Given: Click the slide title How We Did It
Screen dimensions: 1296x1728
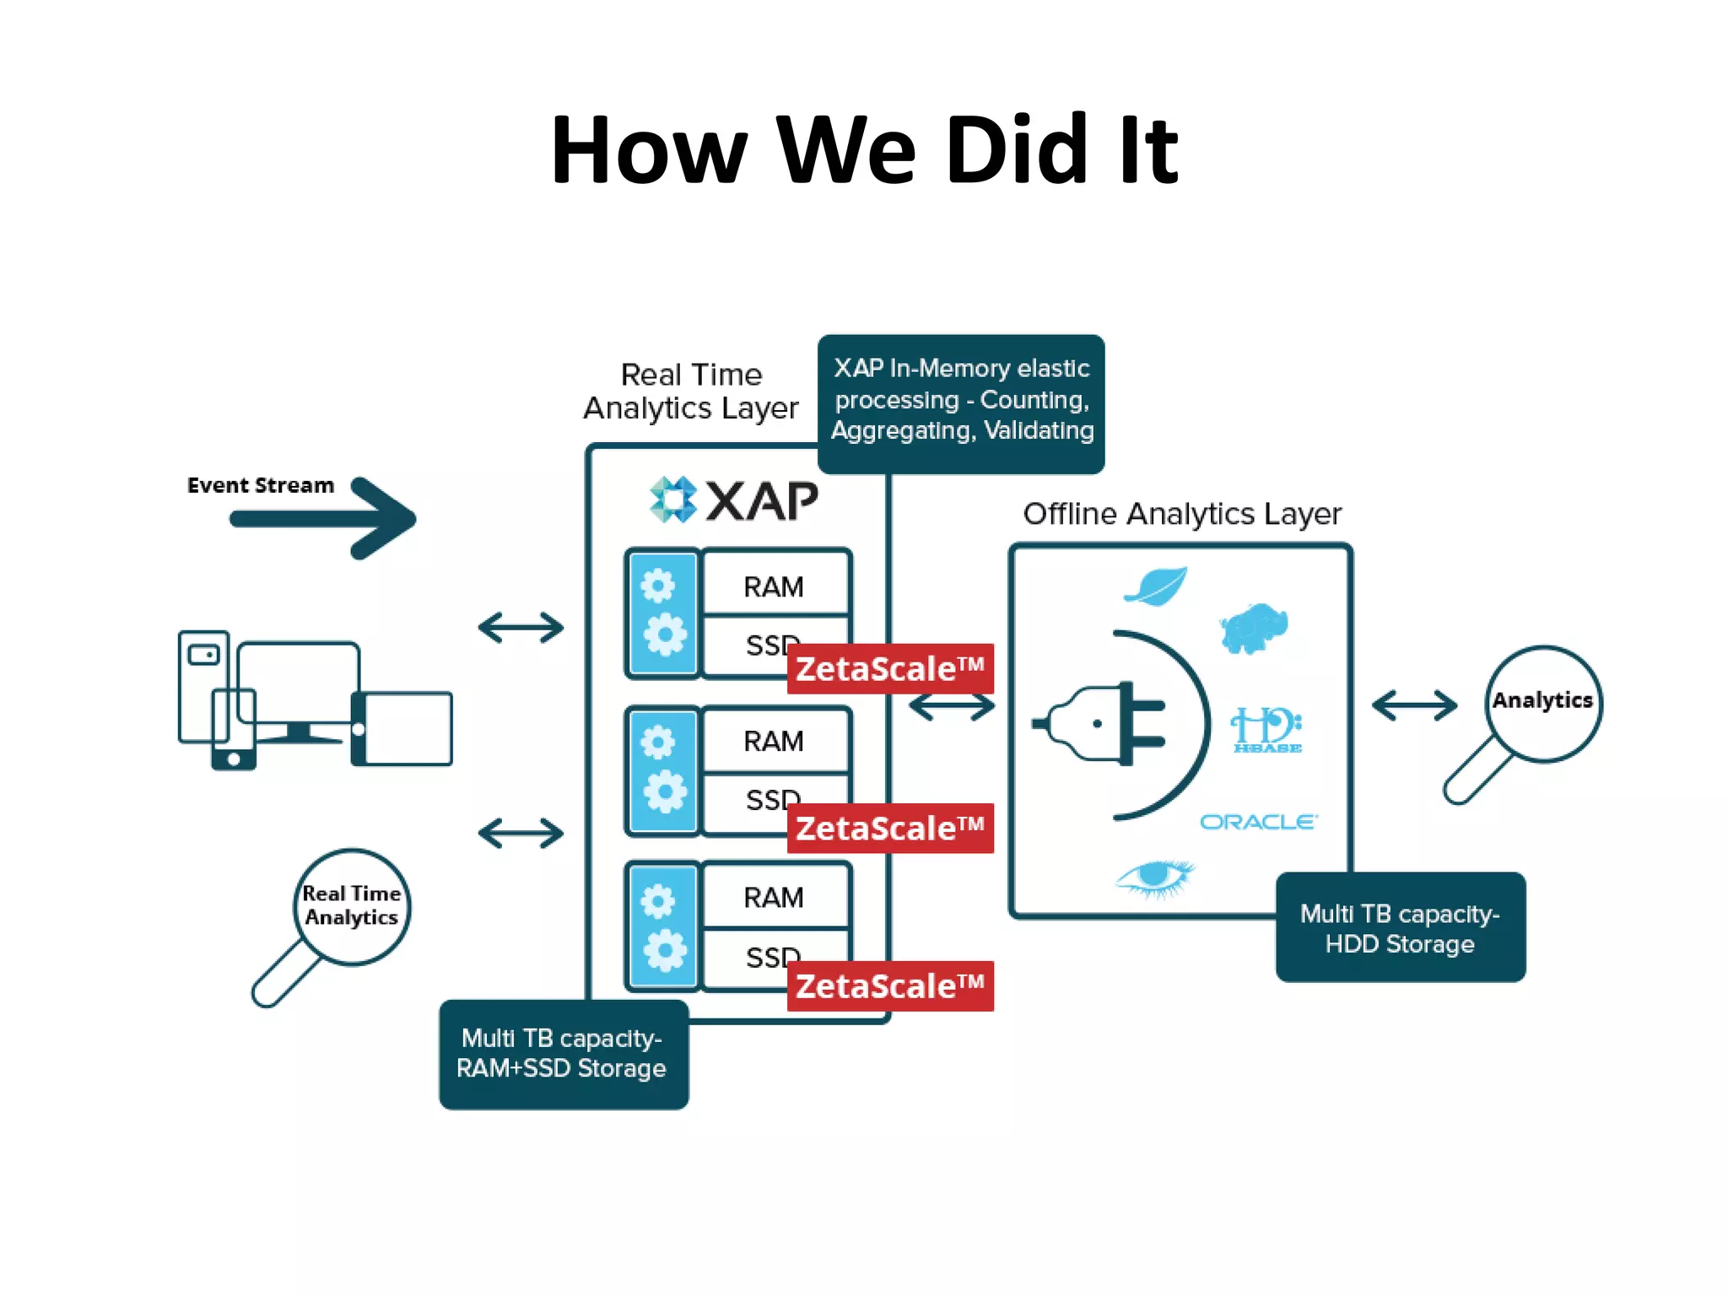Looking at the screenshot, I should click(863, 150).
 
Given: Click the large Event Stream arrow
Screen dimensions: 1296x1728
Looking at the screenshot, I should click(329, 517).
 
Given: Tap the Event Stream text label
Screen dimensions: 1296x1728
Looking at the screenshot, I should click(260, 485).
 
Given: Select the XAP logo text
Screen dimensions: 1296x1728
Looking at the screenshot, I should click(761, 501).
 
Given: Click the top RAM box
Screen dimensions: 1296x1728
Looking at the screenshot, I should click(774, 586).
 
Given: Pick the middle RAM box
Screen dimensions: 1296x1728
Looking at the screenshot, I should click(774, 741).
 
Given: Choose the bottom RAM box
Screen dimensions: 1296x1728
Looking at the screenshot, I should click(774, 897).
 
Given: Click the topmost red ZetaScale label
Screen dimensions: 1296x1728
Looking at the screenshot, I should click(890, 669).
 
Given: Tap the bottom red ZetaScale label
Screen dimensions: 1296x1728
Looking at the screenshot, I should click(890, 986).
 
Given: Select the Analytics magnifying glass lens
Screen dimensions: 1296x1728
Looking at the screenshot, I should click(1542, 702).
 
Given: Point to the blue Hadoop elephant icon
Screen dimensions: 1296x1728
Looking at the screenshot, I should click(1254, 628).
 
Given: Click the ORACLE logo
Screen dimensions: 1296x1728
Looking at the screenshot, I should click(1258, 822).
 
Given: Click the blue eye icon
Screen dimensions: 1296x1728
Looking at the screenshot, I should click(1154, 877).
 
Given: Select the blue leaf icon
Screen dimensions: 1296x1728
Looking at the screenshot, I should click(1156, 586).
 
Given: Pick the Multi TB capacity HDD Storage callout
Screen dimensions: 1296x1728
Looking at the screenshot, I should click(1400, 928).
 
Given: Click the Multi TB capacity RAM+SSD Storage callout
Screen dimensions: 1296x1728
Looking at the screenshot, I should click(563, 1054).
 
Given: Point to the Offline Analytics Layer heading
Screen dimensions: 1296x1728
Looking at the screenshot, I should click(1181, 514).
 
